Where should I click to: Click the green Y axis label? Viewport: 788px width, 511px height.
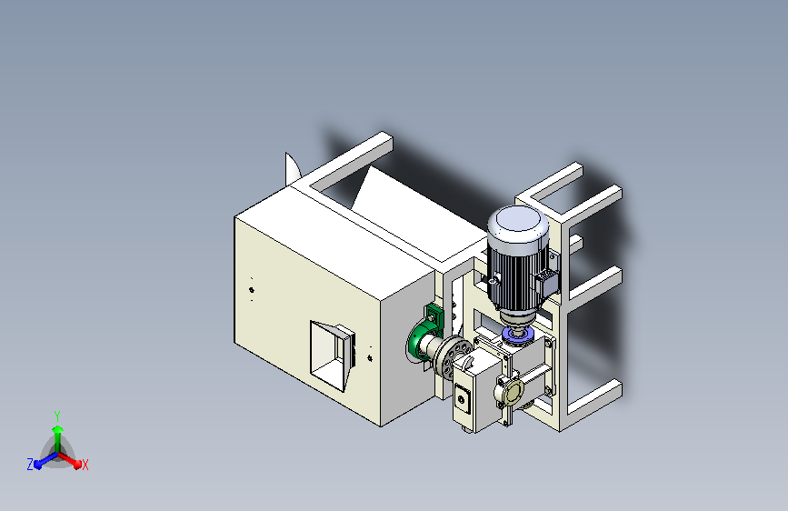coord(57,416)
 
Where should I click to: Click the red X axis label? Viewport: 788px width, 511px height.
coord(85,466)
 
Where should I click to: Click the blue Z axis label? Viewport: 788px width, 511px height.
coord(30,465)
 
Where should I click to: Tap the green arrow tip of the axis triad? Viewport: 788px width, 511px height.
coord(58,429)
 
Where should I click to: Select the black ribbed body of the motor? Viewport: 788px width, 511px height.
coord(516,276)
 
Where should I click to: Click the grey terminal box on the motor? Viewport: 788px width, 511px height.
coord(546,282)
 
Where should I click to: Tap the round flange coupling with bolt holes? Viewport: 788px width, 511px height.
coord(453,356)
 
